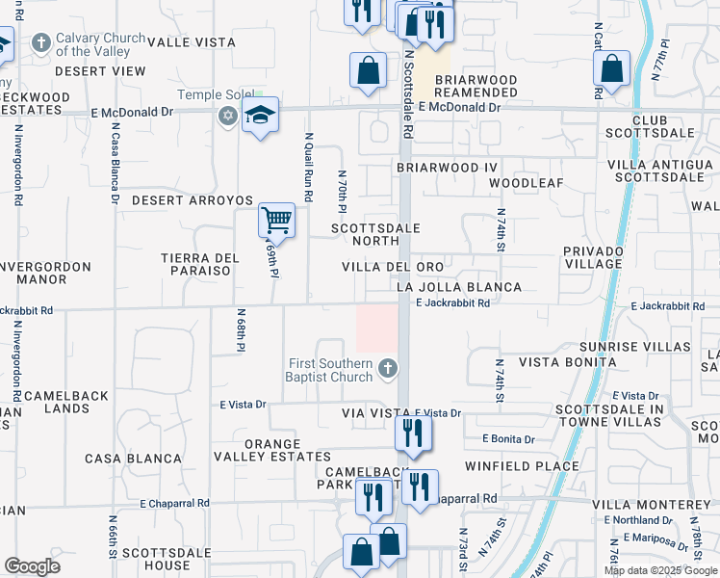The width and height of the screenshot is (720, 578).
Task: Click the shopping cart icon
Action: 276,221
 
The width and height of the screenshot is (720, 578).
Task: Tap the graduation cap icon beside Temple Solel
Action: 260,116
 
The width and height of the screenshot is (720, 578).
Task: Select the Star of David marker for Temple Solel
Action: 227,117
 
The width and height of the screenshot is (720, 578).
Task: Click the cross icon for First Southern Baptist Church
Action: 387,369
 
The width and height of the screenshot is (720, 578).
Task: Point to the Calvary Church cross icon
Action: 40,43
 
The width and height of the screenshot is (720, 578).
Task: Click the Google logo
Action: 33,566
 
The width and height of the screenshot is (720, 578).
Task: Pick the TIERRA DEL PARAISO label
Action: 199,264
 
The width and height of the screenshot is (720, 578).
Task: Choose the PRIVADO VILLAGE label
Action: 593,257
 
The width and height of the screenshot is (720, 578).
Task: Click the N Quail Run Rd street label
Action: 309,166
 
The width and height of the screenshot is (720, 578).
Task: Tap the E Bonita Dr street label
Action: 508,439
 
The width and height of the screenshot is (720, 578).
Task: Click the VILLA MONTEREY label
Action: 651,505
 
